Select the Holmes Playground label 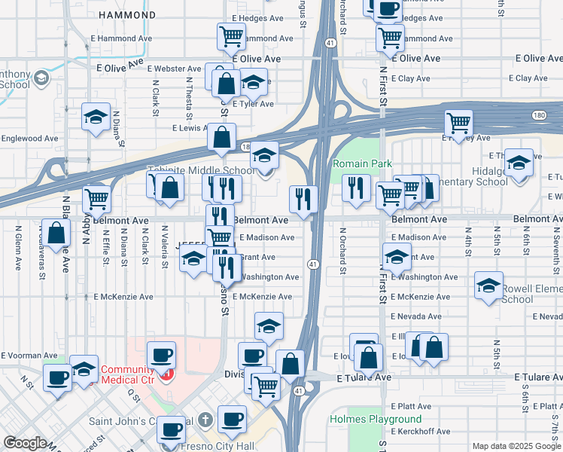point(375,419)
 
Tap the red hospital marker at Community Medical point(167,374)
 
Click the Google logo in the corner point(24,443)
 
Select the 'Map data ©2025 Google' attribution point(516,446)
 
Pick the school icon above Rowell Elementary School point(488,286)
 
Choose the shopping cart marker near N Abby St point(96,198)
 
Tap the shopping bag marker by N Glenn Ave point(56,232)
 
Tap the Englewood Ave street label point(29,139)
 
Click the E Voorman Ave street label point(29,355)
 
